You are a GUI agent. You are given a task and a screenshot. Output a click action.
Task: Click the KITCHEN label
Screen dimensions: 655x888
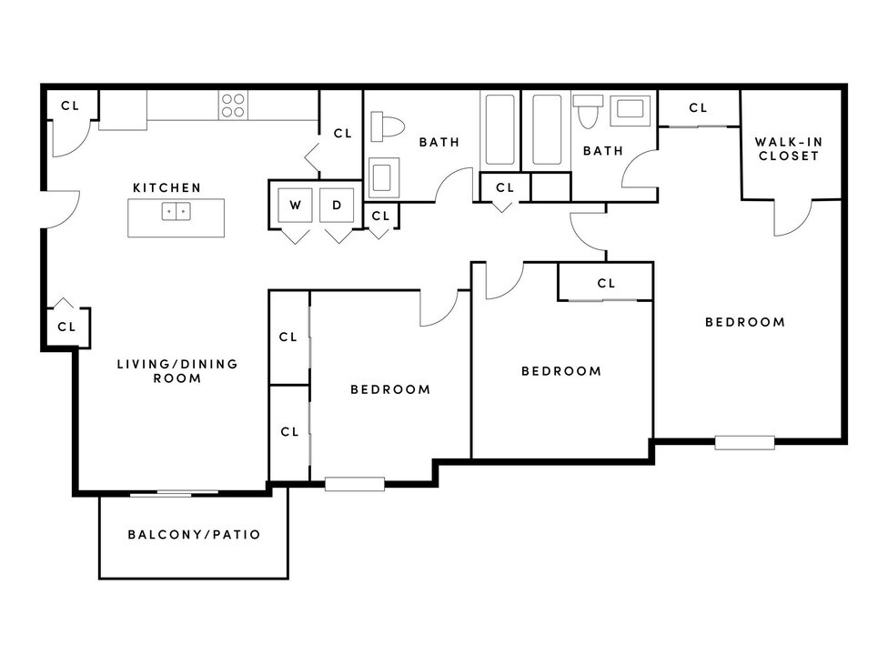[166, 187]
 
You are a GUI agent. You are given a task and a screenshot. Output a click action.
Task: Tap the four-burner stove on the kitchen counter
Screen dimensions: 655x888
[233, 106]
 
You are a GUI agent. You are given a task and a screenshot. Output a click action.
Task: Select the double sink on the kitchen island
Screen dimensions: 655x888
[176, 212]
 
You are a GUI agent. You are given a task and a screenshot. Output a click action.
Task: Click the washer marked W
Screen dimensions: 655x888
[295, 206]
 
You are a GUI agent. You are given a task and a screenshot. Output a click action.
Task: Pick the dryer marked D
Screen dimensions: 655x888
[337, 206]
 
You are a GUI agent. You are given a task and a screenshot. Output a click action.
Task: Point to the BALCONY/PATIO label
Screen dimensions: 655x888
[194, 534]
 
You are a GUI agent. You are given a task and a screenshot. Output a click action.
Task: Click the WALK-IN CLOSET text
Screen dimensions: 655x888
[787, 148]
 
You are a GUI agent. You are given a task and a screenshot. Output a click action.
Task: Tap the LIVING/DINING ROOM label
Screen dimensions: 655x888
[177, 370]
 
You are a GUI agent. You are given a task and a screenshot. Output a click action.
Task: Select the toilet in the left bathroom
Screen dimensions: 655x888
[389, 126]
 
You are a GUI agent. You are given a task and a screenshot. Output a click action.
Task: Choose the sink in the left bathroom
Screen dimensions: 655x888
[382, 175]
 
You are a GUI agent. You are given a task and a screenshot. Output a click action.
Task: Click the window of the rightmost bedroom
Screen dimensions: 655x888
[744, 443]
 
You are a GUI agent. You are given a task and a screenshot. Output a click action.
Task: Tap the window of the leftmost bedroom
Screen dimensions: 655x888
[354, 484]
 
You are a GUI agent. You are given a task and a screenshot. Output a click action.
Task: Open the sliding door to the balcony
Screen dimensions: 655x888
[174, 493]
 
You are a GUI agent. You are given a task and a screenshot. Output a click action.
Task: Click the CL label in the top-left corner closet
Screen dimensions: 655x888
[70, 106]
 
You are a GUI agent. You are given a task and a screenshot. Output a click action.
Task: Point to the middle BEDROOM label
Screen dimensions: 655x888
[560, 371]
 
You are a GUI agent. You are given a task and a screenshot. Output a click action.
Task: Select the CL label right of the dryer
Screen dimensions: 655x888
[380, 216]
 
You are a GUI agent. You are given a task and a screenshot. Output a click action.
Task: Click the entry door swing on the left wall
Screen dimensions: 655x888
[60, 209]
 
